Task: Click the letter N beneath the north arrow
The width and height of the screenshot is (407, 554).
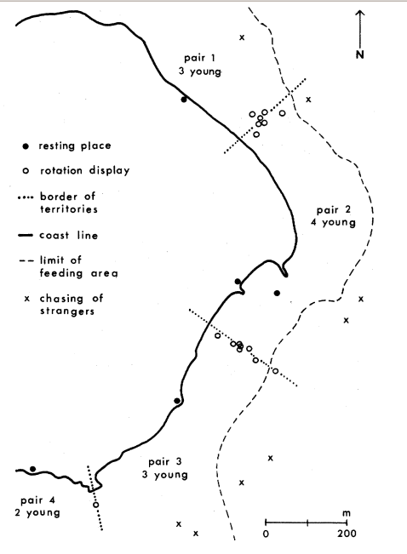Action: click(359, 54)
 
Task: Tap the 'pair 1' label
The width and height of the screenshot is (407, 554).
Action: click(199, 58)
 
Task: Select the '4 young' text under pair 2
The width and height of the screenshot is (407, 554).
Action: click(333, 223)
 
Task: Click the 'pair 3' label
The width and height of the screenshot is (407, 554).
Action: click(165, 462)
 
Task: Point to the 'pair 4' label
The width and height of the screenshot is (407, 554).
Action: click(37, 500)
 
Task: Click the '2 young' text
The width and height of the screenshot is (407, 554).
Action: click(37, 512)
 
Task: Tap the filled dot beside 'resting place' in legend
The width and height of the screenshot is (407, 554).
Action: click(26, 146)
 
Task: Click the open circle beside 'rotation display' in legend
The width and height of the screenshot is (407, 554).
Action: click(26, 171)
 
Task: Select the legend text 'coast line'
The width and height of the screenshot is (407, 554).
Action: click(69, 236)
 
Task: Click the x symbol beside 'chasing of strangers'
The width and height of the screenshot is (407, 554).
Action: click(27, 299)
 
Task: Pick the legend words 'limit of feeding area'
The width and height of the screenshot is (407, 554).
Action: click(78, 266)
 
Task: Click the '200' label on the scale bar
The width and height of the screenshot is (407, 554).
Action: click(347, 534)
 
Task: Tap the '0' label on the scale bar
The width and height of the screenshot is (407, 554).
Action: click(266, 534)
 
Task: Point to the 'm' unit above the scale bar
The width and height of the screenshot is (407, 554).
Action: click(347, 512)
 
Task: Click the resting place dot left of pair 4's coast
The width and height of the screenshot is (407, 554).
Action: click(32, 469)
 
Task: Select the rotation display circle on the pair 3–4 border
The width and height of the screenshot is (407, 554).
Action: click(96, 505)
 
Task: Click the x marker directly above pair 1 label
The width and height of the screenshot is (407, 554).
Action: click(242, 37)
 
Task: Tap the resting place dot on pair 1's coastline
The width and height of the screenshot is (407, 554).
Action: click(184, 100)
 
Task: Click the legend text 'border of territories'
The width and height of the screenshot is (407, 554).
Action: click(69, 203)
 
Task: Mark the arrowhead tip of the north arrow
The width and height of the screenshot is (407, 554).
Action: click(360, 10)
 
